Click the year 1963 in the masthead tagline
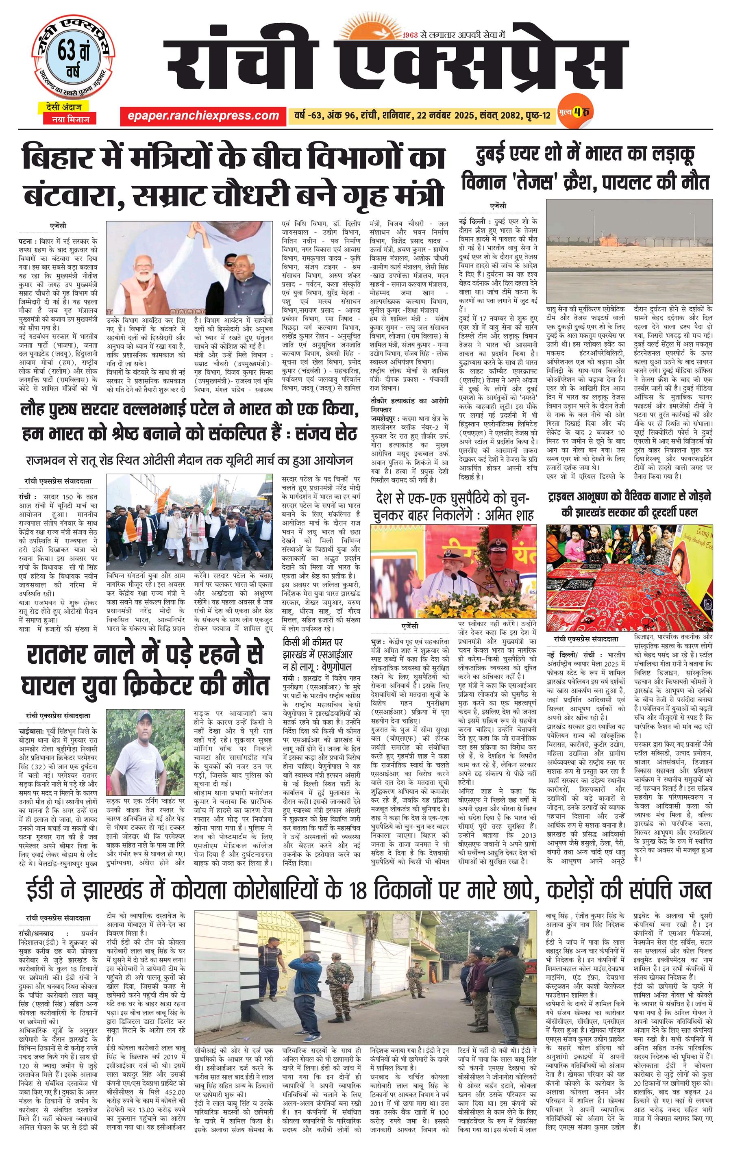[411, 35]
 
